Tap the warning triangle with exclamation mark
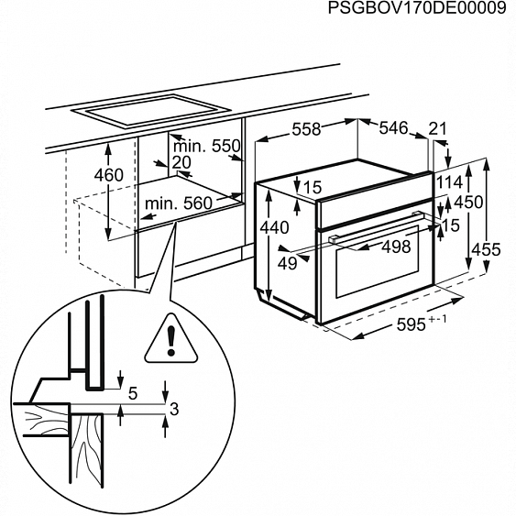tap(170, 336)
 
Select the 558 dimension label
tap(306, 130)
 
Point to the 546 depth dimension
tap(392, 129)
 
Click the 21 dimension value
tap(437, 129)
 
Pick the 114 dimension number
tap(449, 182)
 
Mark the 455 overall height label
tap(490, 249)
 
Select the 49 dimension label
tap(288, 263)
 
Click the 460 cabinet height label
tap(108, 175)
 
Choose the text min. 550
tap(206, 146)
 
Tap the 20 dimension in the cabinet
tap(181, 162)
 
